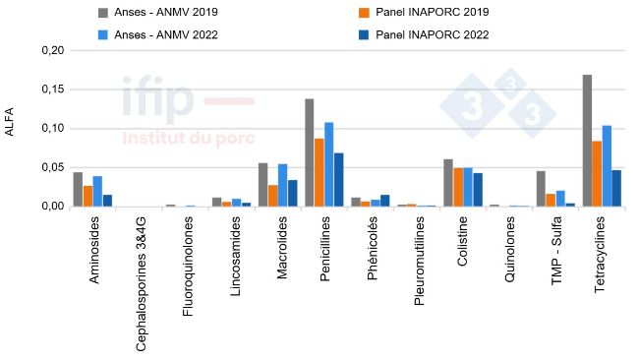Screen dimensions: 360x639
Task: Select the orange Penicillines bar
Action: (x=319, y=172)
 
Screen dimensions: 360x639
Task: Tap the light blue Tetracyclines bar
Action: (x=607, y=166)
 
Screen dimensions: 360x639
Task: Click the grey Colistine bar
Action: (x=448, y=183)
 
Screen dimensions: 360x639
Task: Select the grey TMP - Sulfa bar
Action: (x=541, y=189)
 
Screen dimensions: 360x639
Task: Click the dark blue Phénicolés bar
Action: (x=385, y=201)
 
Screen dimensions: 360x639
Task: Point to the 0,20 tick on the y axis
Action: (x=49, y=51)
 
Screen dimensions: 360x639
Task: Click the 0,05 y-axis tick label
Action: (x=49, y=167)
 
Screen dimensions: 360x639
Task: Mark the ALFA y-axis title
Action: (x=11, y=129)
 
